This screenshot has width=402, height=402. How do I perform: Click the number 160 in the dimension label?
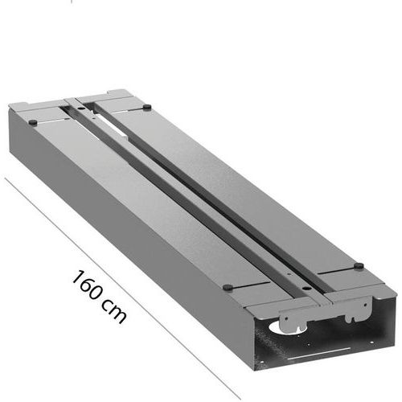coord(87,285)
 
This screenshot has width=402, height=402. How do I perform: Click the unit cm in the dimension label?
coord(114,312)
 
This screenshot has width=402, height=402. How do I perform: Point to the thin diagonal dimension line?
coord(123,288)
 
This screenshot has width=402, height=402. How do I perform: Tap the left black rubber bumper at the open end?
coord(228,287)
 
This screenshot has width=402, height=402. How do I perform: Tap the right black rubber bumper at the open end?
coord(359,265)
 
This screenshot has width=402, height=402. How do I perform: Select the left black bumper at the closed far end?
coord(33,122)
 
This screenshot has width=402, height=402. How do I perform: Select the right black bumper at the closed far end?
coord(147,107)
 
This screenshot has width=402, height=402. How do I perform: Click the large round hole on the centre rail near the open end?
coord(306,288)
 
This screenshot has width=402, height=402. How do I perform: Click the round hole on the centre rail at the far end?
coord(80,109)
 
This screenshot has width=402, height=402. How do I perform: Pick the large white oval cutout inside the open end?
coord(279,327)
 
